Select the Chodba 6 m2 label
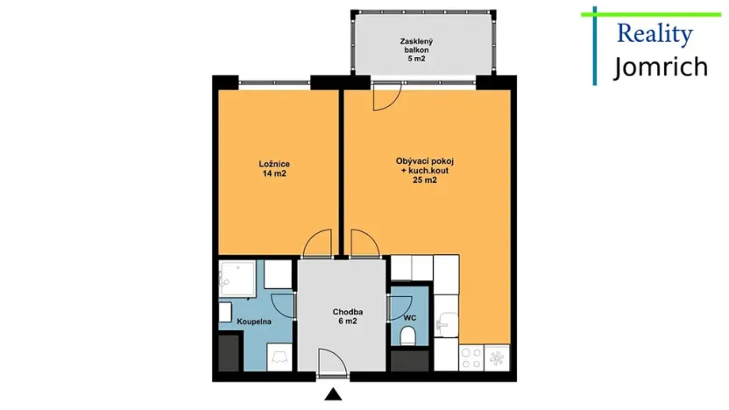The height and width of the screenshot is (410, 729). pos(348,317)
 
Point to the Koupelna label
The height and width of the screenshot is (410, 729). pos(254,322)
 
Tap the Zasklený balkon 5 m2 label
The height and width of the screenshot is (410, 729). pos(415,50)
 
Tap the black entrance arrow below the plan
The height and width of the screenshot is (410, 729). pos(332,395)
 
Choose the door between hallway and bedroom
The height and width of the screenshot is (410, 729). pos(319,243)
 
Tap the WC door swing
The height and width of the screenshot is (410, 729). pos(397,307)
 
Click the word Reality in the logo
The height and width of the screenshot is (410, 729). pos(655,34)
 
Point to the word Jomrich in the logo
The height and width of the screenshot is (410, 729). pos(660,67)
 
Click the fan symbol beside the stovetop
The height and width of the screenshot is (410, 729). pos(497,358)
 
